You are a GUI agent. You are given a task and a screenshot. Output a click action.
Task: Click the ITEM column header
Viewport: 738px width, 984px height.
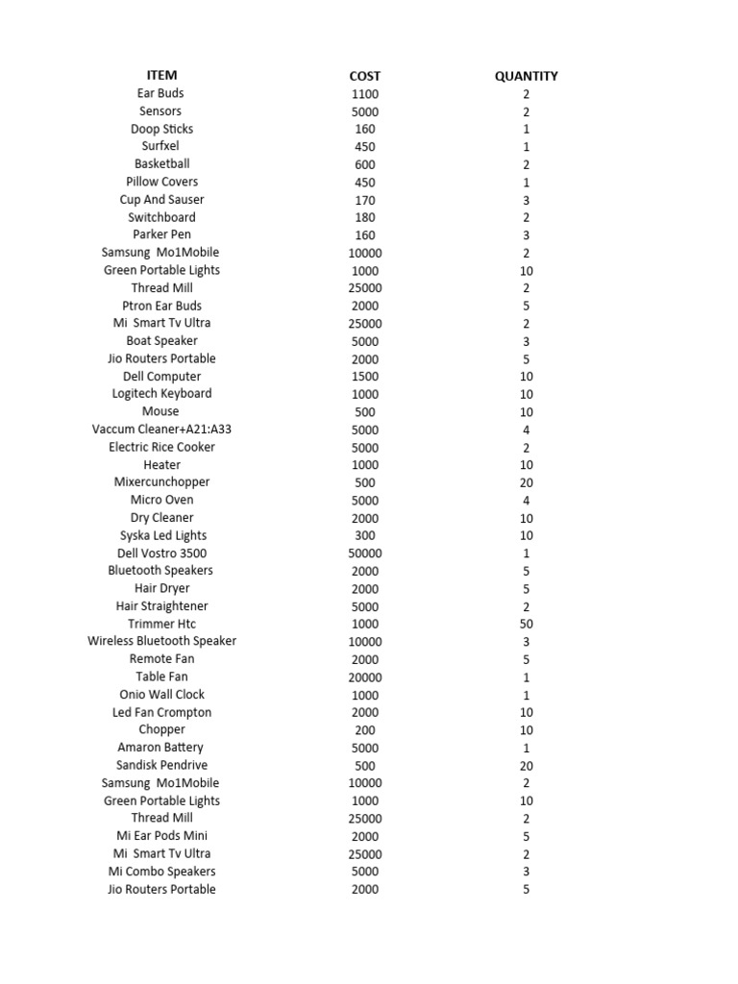[161, 75]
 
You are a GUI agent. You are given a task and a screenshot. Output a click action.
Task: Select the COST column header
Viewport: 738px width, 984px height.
[365, 76]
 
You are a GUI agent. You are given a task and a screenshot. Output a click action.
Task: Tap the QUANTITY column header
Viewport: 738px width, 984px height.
[526, 76]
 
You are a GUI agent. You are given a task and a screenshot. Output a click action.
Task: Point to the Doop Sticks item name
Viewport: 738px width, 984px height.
[161, 129]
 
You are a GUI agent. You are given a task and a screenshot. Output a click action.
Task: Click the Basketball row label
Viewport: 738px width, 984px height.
[161, 163]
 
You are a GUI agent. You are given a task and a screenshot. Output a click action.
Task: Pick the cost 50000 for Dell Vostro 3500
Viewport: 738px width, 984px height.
[365, 553]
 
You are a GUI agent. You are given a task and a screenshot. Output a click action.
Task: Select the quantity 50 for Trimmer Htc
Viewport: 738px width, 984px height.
[526, 624]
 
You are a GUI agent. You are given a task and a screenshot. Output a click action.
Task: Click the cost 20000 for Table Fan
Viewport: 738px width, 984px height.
[365, 677]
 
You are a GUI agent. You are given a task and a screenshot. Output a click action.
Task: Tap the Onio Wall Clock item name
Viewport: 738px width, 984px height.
[161, 694]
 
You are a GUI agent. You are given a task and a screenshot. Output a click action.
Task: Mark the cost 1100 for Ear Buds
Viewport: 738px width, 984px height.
[365, 94]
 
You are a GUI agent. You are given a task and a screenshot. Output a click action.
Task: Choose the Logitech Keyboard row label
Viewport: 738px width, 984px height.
[161, 393]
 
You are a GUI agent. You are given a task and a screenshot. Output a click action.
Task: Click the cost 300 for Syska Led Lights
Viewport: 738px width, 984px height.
[365, 536]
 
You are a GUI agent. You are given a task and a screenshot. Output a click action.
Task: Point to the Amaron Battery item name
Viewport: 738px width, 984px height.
[161, 747]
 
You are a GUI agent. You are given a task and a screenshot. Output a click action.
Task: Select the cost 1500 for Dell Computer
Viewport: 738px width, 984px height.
[365, 377]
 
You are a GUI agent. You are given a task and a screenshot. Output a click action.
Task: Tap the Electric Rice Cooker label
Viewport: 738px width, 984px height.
[161, 447]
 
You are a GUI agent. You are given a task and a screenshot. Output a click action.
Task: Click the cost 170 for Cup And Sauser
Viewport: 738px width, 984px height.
[365, 200]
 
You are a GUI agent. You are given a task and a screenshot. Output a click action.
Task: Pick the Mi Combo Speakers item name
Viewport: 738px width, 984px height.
[161, 872]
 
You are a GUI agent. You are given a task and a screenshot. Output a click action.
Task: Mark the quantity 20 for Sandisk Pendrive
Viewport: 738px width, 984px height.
[526, 766]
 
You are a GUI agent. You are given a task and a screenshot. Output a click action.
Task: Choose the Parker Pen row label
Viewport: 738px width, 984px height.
[161, 234]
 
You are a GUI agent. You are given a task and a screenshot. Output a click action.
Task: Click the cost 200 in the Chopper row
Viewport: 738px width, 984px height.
[365, 730]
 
